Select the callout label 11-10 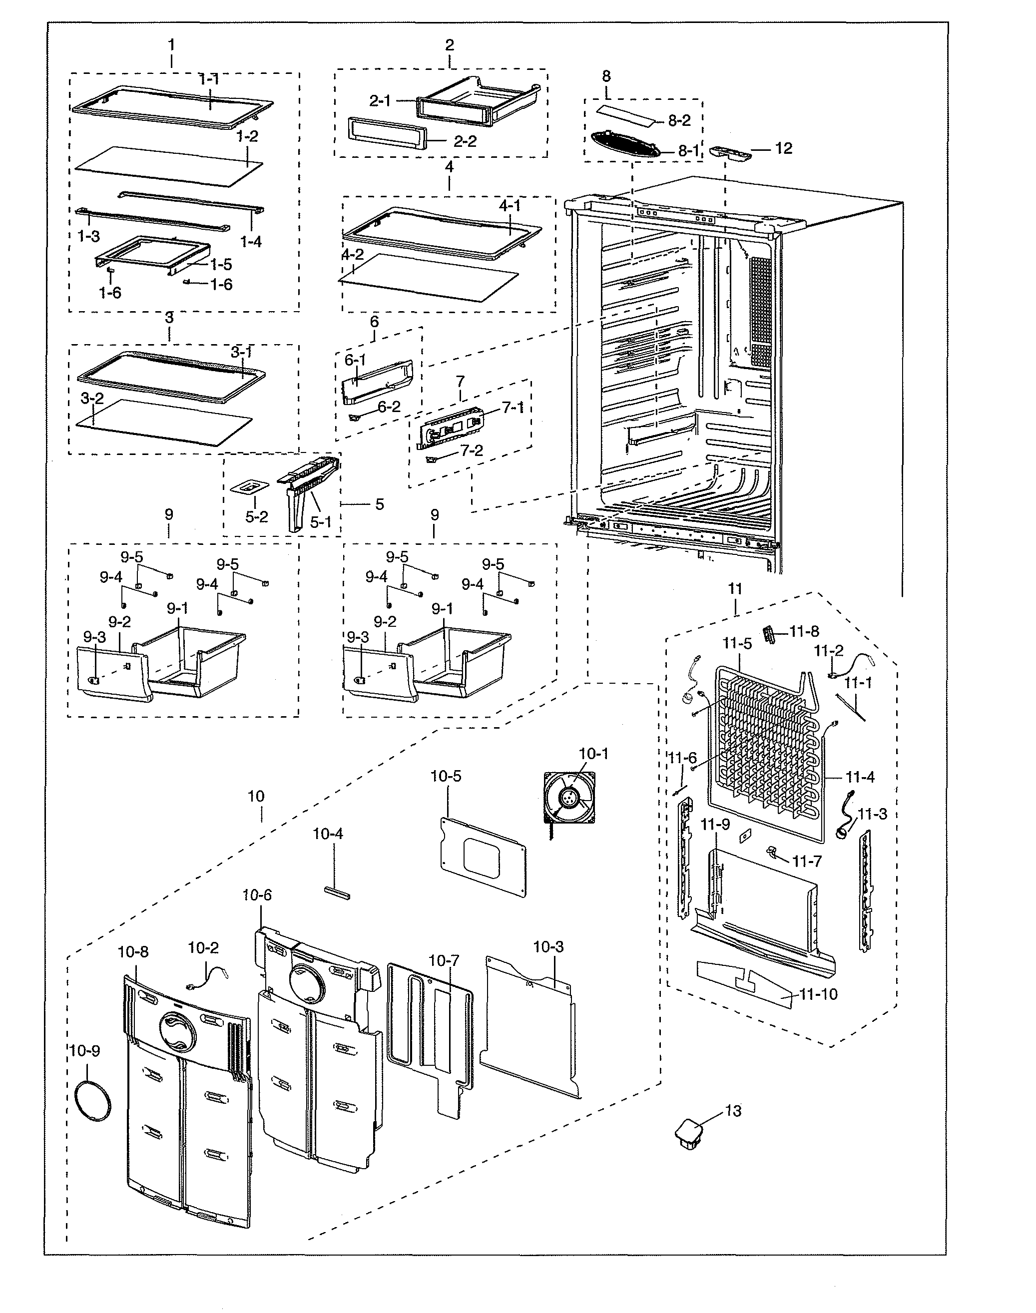point(818,994)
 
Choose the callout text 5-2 point(256,517)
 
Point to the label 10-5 point(446,776)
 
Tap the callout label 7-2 point(472,450)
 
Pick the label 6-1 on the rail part point(356,360)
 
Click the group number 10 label point(256,796)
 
